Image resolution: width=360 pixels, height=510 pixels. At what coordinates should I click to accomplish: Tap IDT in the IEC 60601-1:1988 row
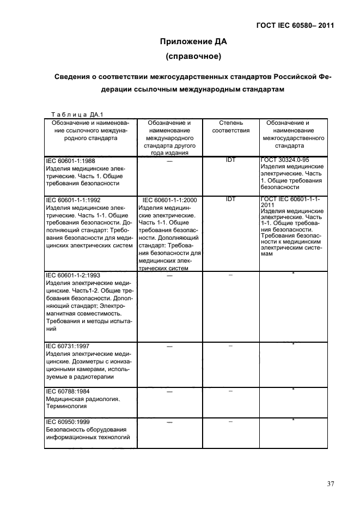click(230, 160)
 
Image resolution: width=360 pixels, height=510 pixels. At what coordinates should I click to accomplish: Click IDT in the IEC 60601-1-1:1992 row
click(230, 199)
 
